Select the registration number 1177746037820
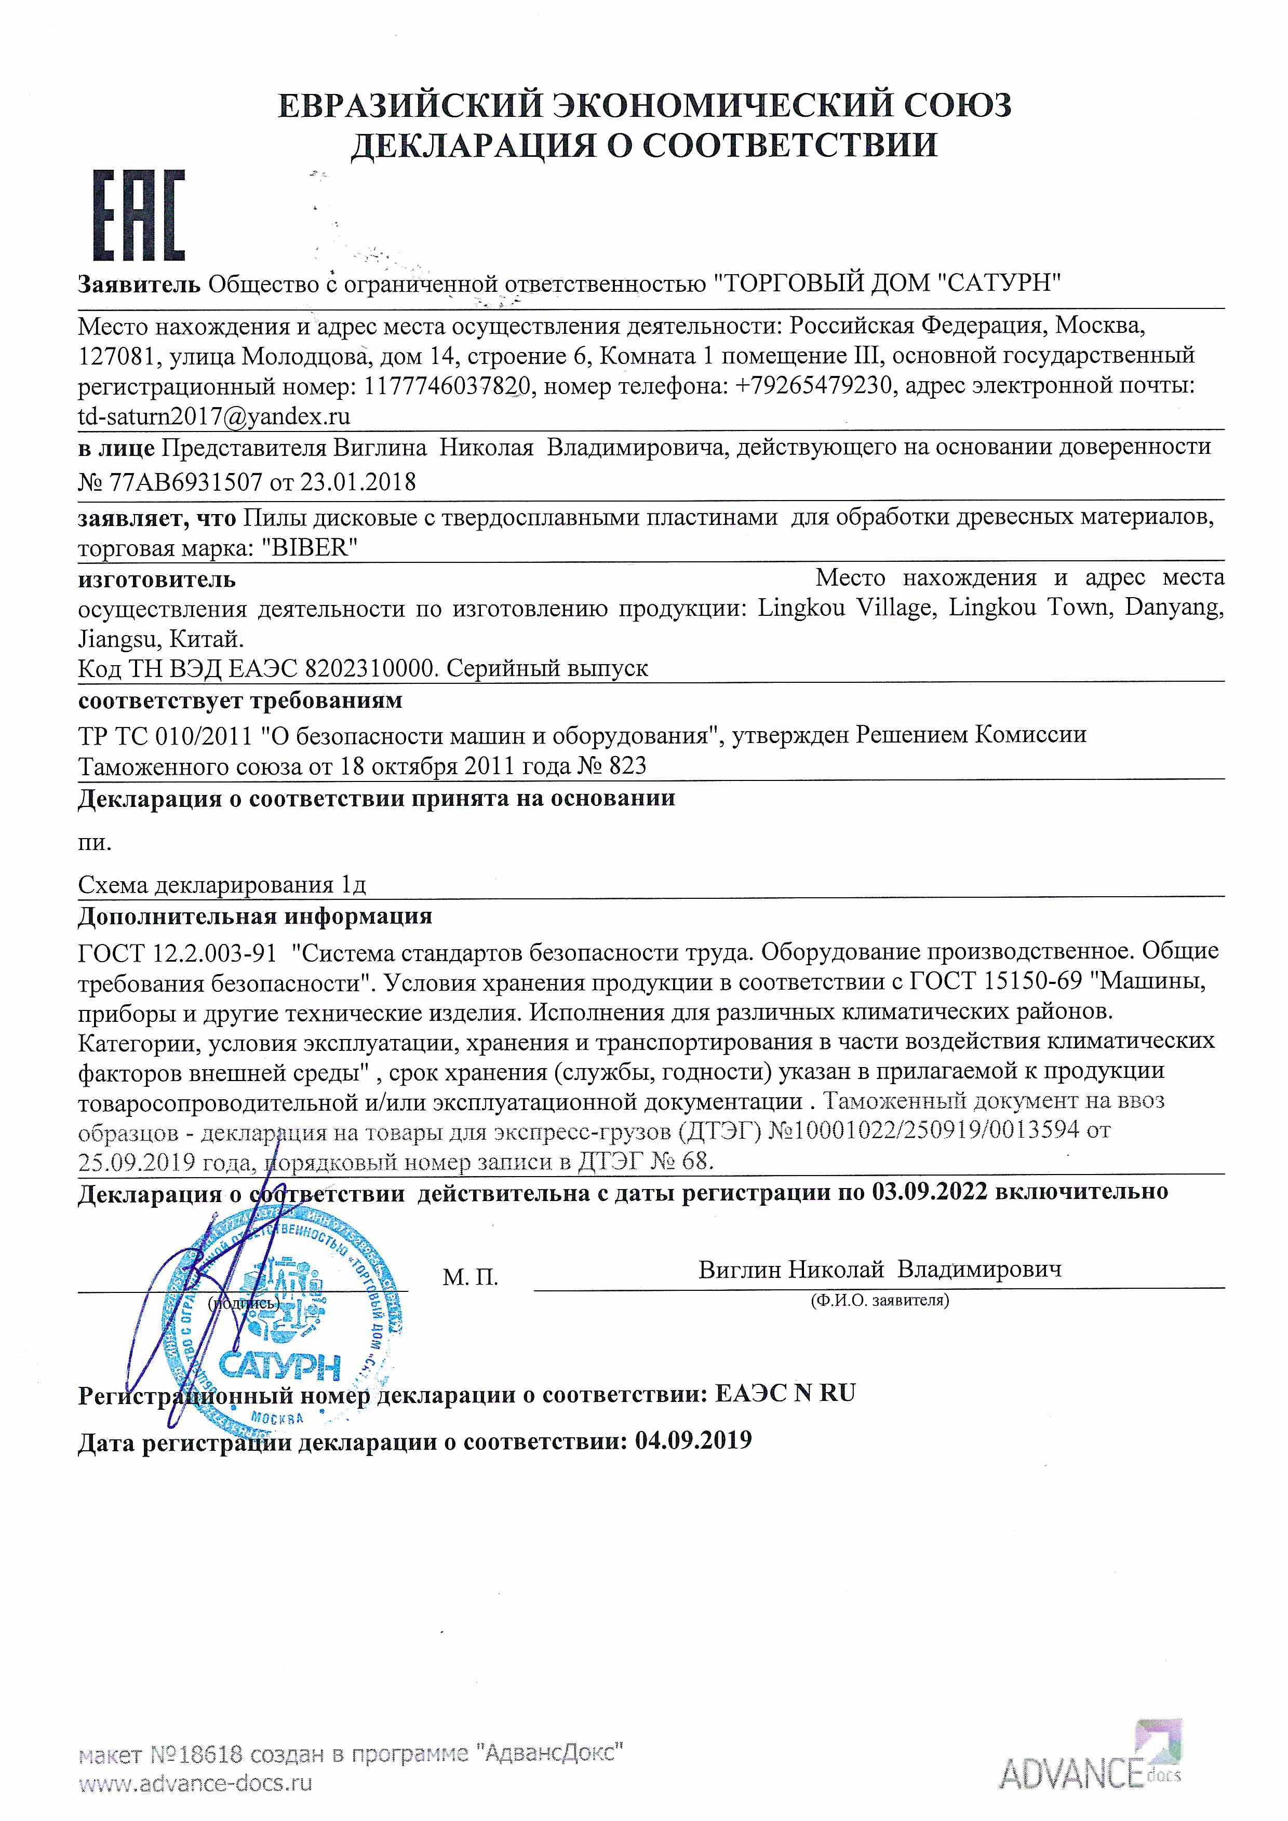coord(447,386)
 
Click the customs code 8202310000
coord(370,669)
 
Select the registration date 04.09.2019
coord(693,1440)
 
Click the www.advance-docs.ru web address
coord(195,1784)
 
